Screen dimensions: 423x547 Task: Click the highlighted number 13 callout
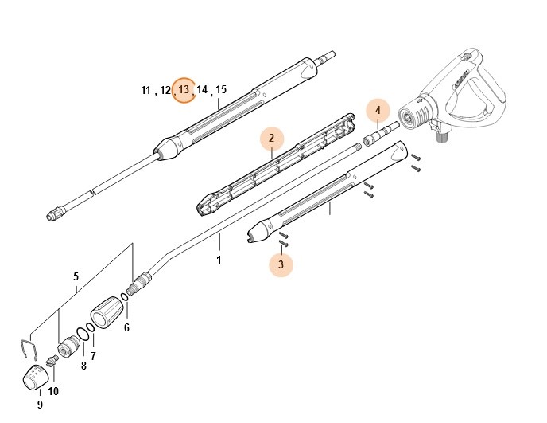click(x=184, y=90)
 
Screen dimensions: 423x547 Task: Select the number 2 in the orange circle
click(x=271, y=139)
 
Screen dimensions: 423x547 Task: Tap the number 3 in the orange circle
click(x=281, y=264)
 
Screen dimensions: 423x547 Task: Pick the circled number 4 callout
click(x=378, y=110)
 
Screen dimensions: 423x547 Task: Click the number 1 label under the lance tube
click(x=219, y=260)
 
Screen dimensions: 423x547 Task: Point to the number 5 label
click(x=76, y=277)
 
